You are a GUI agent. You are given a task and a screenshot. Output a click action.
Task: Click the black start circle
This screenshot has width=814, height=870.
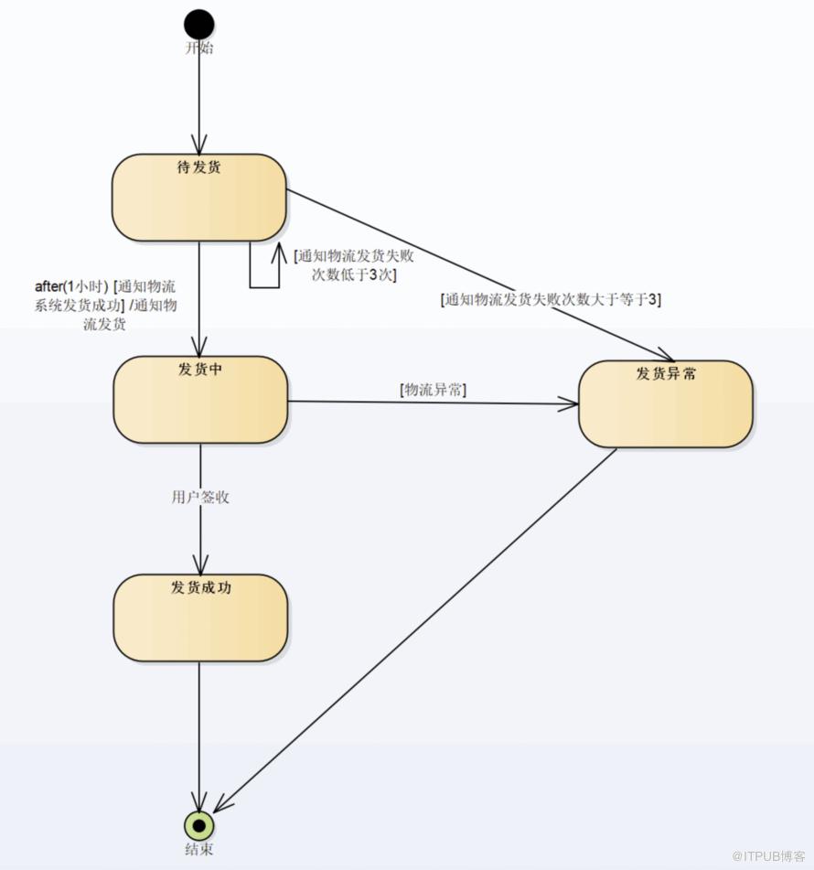pos(199,25)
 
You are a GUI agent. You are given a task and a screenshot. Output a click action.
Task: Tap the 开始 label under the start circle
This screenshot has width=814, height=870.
pos(199,48)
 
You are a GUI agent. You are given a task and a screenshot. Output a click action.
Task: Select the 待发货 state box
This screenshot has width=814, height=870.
pos(199,198)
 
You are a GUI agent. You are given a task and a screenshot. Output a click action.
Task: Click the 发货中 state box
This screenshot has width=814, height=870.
pos(200,400)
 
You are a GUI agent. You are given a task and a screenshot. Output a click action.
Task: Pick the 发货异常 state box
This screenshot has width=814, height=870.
pos(665,404)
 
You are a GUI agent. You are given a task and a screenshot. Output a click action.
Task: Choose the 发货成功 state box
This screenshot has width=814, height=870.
pos(200,618)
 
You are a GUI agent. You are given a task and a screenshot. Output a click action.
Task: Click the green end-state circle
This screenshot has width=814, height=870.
pos(199,825)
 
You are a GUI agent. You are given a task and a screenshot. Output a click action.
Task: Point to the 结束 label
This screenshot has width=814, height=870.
pos(199,849)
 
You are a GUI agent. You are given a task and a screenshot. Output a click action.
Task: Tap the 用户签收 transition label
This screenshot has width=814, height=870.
pos(200,497)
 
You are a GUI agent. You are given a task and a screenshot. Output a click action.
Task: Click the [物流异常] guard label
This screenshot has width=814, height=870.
pos(433,390)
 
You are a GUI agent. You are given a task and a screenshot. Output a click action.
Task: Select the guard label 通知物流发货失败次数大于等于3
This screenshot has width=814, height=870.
pos(551,300)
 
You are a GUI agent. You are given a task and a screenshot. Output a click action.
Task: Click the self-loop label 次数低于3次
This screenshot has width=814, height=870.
pos(354,274)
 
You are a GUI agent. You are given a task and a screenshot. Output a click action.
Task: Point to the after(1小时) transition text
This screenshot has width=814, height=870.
pos(71,286)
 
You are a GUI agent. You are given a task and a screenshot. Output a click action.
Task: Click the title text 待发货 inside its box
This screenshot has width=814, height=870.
pos(199,167)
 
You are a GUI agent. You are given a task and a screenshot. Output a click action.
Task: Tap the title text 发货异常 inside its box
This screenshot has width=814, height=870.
pos(666,373)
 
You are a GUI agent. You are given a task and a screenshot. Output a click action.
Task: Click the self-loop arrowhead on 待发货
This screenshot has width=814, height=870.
pos(279,252)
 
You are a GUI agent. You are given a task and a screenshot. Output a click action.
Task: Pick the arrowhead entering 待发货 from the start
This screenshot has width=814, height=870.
pos(199,145)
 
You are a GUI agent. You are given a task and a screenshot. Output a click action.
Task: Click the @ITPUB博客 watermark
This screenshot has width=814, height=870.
pos(768,856)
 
